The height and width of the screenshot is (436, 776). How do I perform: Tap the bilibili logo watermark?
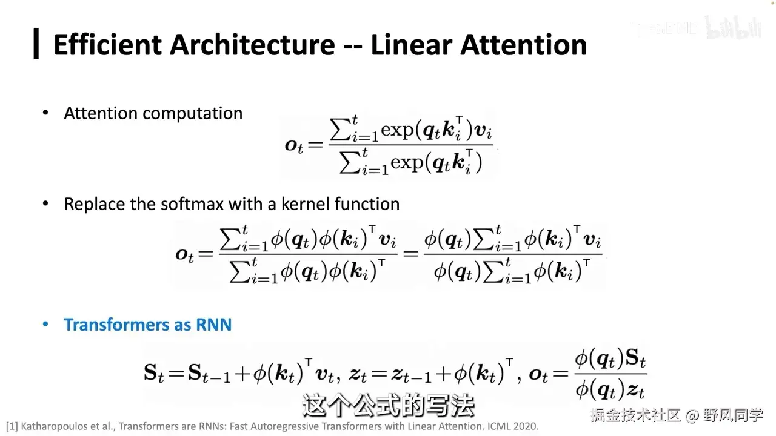734,28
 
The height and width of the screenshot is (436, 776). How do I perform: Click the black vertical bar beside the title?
36,44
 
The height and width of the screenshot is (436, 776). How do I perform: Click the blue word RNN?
214,325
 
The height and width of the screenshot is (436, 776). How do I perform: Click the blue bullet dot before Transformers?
45,325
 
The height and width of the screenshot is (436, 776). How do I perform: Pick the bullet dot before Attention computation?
45,114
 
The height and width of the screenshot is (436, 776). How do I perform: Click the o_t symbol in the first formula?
294,145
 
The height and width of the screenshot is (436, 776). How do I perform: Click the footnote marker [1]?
12,426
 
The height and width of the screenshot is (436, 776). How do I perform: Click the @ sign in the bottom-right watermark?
692,415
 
